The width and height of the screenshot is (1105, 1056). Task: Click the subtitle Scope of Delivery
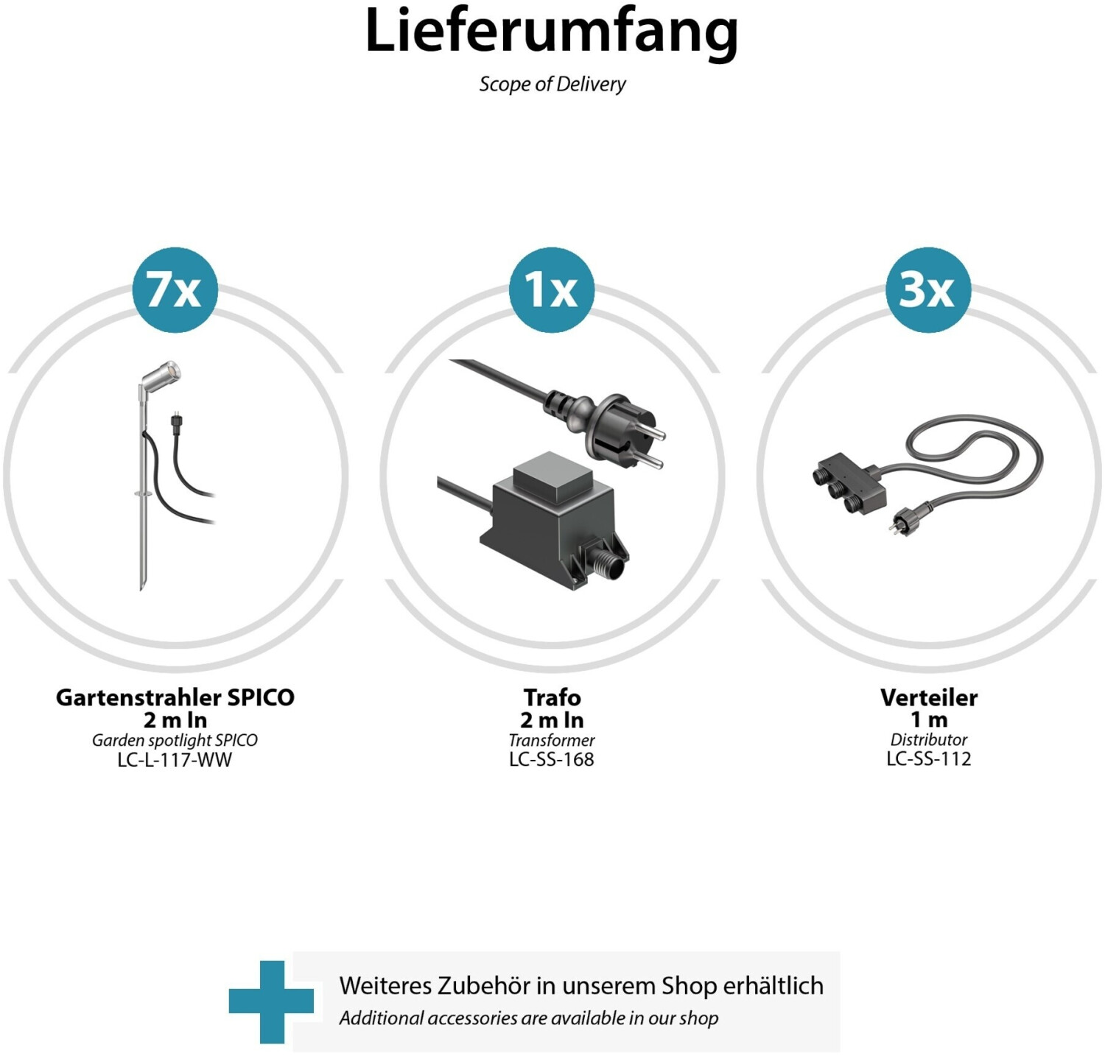pyautogui.click(x=552, y=84)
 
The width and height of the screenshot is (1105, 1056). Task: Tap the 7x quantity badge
pyautogui.click(x=175, y=289)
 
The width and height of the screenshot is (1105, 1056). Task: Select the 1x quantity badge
pyautogui.click(x=552, y=289)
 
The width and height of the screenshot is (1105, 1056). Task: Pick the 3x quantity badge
pyautogui.click(x=928, y=289)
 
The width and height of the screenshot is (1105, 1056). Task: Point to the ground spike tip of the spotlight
pyautogui.click(x=142, y=587)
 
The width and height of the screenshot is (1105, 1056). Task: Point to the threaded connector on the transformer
pyautogui.click(x=603, y=568)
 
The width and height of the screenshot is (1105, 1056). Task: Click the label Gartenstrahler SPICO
pyautogui.click(x=175, y=697)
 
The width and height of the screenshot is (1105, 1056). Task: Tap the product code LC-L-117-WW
pyautogui.click(x=175, y=760)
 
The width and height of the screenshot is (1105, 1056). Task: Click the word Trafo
pyautogui.click(x=552, y=697)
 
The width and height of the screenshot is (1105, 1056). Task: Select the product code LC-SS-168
pyautogui.click(x=552, y=759)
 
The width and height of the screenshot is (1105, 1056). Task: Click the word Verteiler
pyautogui.click(x=929, y=697)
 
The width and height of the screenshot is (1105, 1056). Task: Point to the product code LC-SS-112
pyautogui.click(x=929, y=759)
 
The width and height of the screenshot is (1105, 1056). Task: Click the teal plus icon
pyautogui.click(x=271, y=1002)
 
